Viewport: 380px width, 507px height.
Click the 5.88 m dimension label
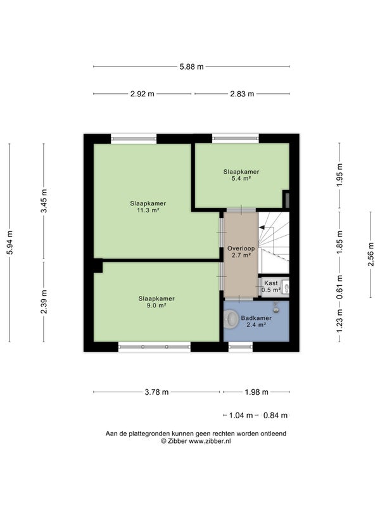tap(192, 67)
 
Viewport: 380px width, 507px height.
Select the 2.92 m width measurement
tap(142, 94)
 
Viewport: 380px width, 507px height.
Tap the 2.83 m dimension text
tap(242, 94)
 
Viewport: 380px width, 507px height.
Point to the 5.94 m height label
tap(9, 243)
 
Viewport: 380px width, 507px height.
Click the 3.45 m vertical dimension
tap(44, 200)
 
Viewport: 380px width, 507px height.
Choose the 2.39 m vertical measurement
tap(44, 302)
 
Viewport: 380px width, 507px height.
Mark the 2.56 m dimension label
tap(370, 254)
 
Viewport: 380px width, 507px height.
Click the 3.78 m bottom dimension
tap(156, 392)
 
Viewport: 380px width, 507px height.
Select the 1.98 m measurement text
tap(256, 392)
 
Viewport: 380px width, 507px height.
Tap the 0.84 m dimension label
tap(275, 416)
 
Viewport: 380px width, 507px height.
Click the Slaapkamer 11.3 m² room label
tap(148, 207)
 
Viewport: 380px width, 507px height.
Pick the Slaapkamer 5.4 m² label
tap(241, 175)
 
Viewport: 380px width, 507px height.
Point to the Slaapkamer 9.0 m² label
tap(156, 302)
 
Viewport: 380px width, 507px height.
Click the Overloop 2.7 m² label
tap(241, 252)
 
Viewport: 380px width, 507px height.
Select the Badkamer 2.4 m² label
tap(256, 321)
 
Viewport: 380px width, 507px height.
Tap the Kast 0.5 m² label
tap(271, 286)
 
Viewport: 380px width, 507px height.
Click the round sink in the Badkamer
tap(231, 319)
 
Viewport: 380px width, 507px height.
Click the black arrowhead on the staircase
tap(262, 228)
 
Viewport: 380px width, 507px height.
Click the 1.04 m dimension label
tap(241, 416)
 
